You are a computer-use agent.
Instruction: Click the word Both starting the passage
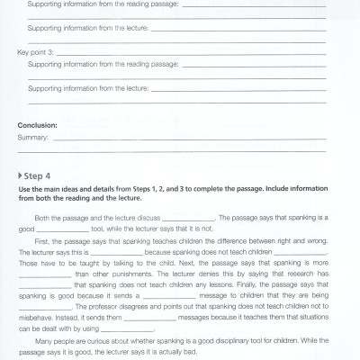click(42, 219)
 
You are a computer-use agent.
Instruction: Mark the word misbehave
click(37, 319)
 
